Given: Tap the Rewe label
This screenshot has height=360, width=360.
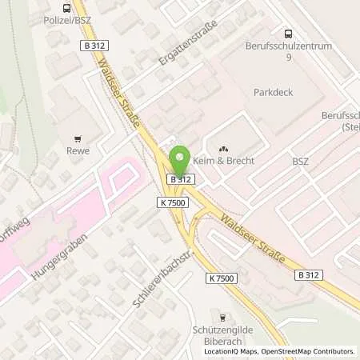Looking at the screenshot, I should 78,151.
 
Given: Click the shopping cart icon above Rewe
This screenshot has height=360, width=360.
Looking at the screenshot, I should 78,138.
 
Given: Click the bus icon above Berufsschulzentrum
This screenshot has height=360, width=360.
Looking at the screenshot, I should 287,33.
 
